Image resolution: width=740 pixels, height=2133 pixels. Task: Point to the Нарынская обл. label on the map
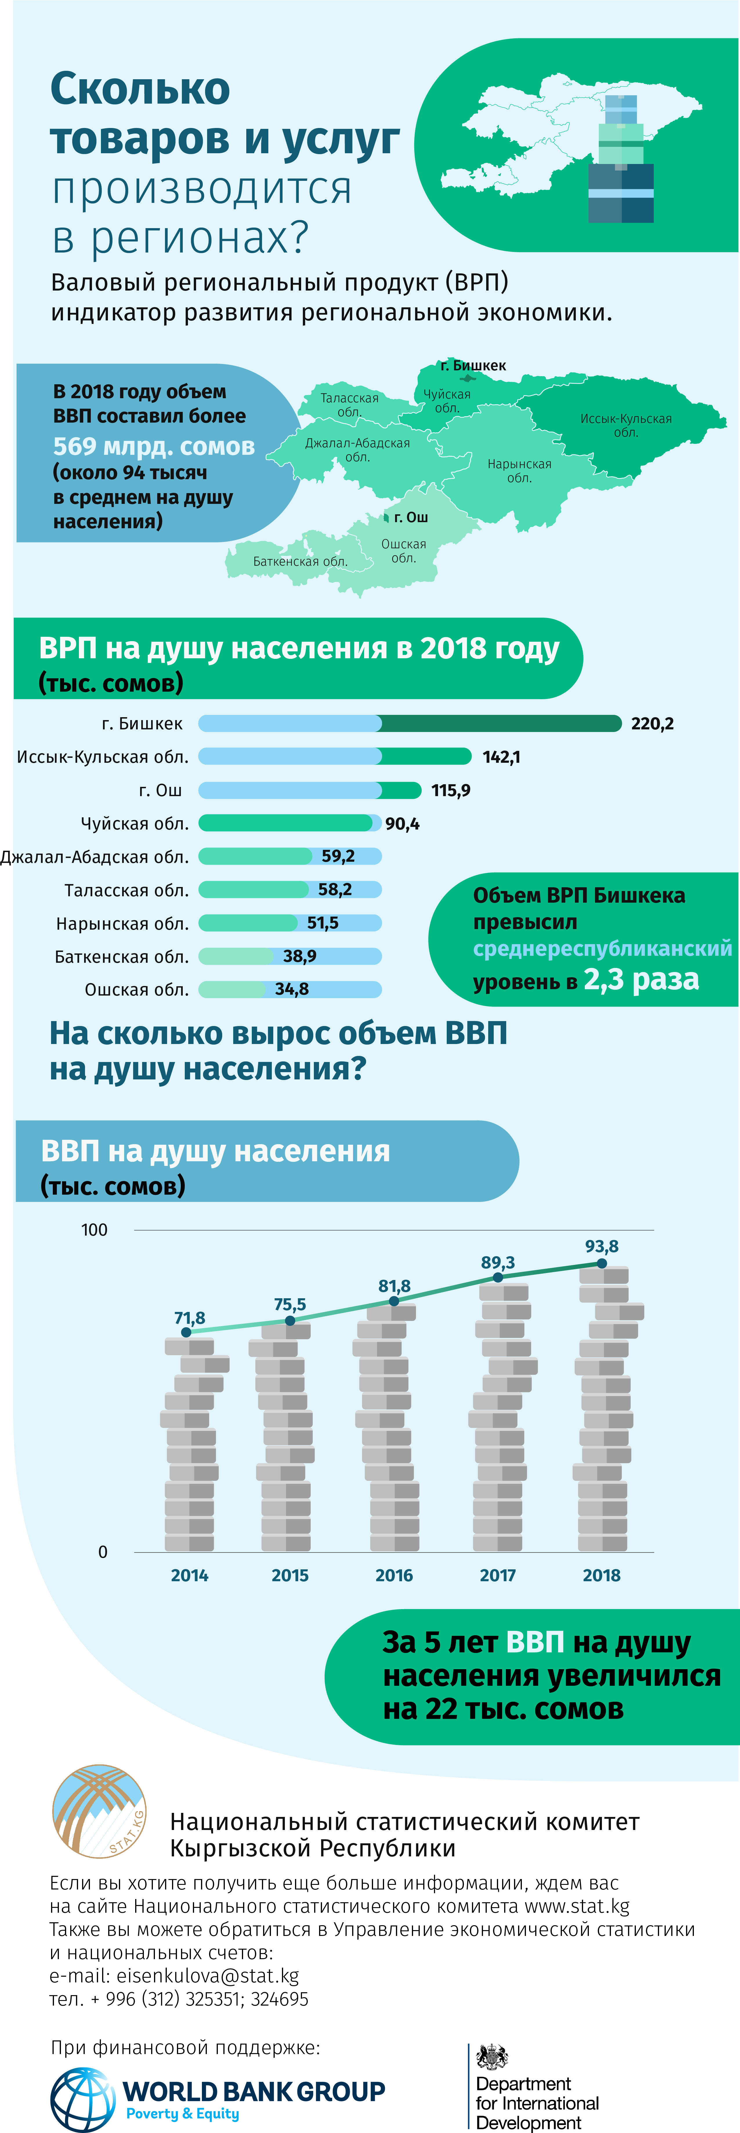coord(519,470)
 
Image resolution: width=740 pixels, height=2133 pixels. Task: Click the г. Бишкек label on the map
coord(473,365)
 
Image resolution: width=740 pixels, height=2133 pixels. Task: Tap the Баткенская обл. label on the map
coord(300,561)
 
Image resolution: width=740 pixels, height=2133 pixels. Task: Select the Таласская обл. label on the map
coord(349,404)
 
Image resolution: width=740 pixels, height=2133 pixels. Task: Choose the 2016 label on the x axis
coord(394,1575)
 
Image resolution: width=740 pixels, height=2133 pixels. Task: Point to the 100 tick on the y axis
coord(94,1230)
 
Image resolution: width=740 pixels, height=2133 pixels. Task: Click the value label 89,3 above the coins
coord(497,1262)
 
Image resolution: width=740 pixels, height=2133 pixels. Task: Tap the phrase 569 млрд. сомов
coord(154,446)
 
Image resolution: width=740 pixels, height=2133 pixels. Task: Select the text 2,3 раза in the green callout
coord(641,980)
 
